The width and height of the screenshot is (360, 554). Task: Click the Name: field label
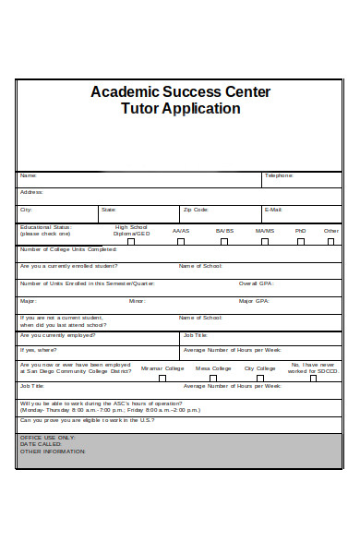pyautogui.click(x=29, y=175)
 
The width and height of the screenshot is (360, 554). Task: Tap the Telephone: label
pyautogui.click(x=279, y=175)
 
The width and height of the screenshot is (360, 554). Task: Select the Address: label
pyautogui.click(x=31, y=192)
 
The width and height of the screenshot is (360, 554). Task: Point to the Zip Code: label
pyautogui.click(x=196, y=210)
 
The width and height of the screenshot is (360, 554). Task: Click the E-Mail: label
pyautogui.click(x=272, y=210)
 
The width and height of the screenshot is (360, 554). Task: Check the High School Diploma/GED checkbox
pyautogui.click(x=131, y=241)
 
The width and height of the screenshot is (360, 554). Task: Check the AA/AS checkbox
pyautogui.click(x=181, y=241)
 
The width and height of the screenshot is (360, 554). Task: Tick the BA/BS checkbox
pyautogui.click(x=224, y=241)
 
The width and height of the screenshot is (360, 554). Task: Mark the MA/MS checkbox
pyautogui.click(x=265, y=241)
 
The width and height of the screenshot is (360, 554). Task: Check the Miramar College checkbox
pyautogui.click(x=162, y=377)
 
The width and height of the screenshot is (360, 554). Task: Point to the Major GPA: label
pyautogui.click(x=254, y=301)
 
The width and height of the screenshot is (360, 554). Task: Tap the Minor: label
pyautogui.click(x=137, y=301)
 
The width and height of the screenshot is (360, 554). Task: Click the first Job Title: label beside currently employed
pyautogui.click(x=195, y=336)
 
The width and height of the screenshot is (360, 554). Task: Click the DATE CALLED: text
pyautogui.click(x=39, y=444)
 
